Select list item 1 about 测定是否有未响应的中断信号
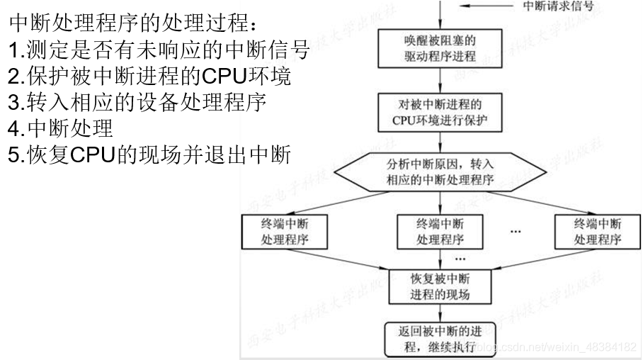pyautogui.click(x=160, y=50)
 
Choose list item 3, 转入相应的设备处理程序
pyautogui.click(x=137, y=102)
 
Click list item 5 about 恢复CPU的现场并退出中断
pyautogui.click(x=149, y=154)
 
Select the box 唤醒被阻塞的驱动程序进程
pyautogui.click(x=440, y=46)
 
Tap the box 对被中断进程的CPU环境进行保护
pyautogui.click(x=440, y=113)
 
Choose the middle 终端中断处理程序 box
pyautogui.click(x=440, y=230)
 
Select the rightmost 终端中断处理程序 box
pyautogui.click(x=597, y=230)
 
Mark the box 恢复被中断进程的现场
pyautogui.click(x=440, y=284)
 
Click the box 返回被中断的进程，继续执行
pyautogui.click(x=440, y=339)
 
